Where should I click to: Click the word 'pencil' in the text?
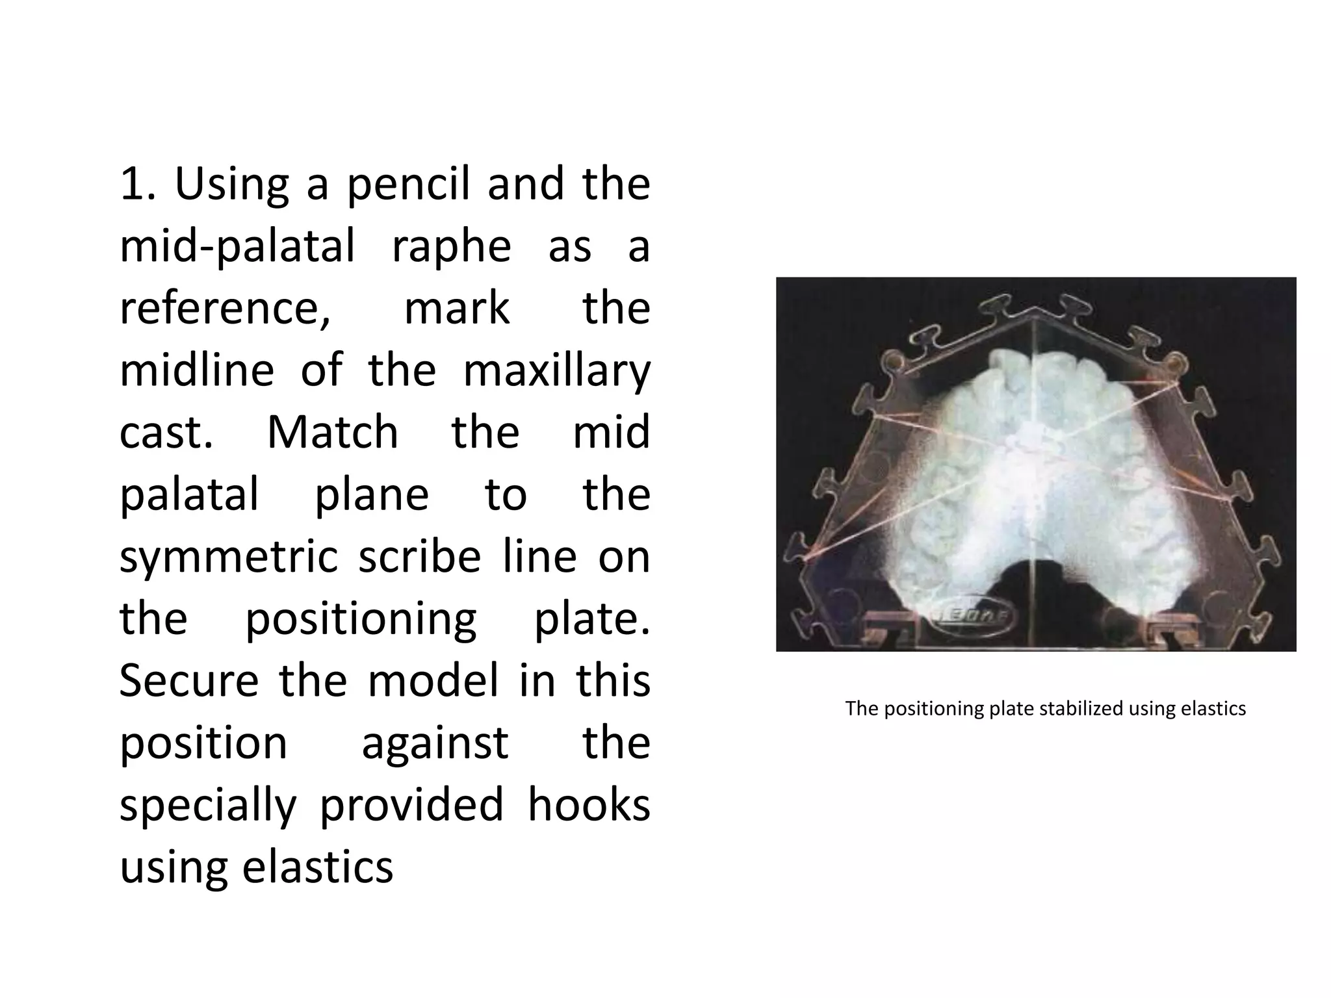[407, 185]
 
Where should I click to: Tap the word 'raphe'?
[452, 247]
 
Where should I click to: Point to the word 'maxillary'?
[556, 371]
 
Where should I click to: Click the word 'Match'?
[332, 433]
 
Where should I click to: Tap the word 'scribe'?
[419, 556]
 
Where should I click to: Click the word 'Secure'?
[189, 680]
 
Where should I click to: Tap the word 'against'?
[434, 744]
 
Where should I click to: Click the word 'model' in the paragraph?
[433, 680]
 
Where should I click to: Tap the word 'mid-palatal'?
[237, 247]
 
